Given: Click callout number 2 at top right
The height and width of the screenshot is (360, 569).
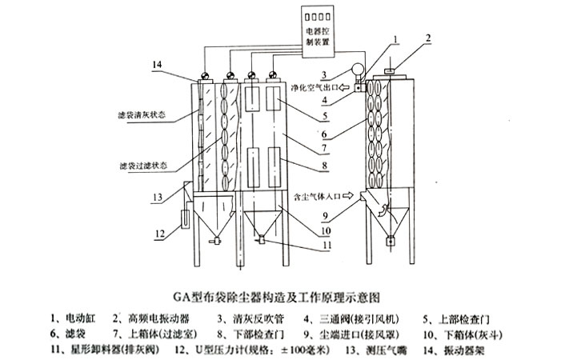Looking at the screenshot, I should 428,37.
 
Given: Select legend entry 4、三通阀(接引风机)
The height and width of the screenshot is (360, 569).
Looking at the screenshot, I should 343,317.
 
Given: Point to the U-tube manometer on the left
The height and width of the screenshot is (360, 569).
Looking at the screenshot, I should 181,215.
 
